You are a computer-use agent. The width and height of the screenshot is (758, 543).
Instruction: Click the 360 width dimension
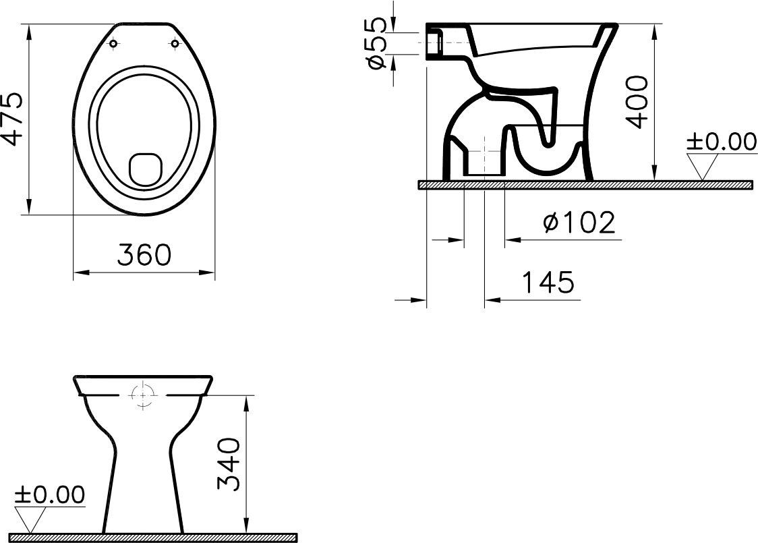(x=144, y=254)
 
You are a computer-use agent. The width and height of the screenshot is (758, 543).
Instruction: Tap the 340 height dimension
(x=229, y=464)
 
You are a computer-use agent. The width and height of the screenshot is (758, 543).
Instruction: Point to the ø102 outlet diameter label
(x=579, y=223)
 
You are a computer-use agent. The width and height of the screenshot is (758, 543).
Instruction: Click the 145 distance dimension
(x=548, y=283)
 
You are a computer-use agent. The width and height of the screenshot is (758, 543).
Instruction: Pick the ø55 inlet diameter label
(x=376, y=42)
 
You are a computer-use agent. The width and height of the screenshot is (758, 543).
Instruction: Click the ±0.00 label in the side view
(x=722, y=142)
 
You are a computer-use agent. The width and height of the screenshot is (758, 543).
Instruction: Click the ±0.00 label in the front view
(x=50, y=494)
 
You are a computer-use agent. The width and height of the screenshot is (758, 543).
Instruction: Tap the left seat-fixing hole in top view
(x=113, y=44)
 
